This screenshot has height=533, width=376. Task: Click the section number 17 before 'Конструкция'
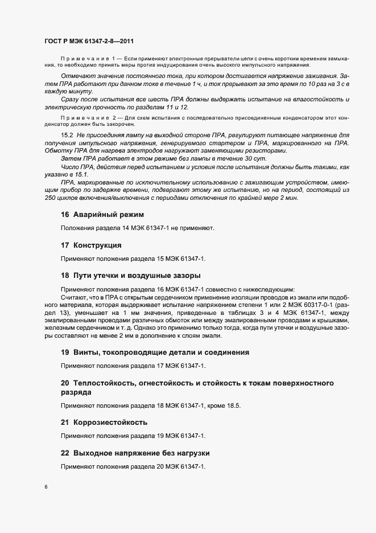click(x=65, y=246)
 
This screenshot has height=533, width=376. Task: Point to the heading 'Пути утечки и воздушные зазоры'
click(x=129, y=276)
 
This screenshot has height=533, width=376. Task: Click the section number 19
click(x=65, y=352)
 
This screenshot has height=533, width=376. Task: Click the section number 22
click(x=65, y=453)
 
